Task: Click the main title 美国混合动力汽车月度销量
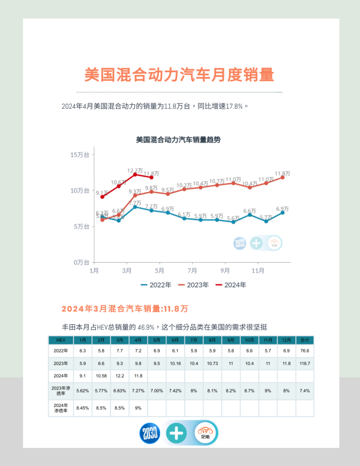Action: click(x=179, y=75)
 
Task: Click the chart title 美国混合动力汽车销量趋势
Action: click(x=178, y=140)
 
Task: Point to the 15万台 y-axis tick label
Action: click(x=79, y=155)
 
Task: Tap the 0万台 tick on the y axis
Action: click(x=81, y=262)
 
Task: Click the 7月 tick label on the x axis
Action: click(x=192, y=271)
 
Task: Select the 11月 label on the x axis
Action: click(x=258, y=271)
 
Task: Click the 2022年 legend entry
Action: click(x=156, y=285)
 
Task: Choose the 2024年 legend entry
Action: click(x=231, y=285)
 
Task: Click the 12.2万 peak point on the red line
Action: click(x=135, y=174)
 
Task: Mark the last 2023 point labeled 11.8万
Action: click(x=282, y=177)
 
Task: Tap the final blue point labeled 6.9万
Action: click(x=282, y=213)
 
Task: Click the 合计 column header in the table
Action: click(x=304, y=340)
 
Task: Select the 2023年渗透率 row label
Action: click(x=61, y=391)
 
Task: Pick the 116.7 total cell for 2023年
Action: click(x=304, y=363)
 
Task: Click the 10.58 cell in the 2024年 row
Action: click(x=101, y=376)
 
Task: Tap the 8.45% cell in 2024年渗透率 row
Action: click(x=82, y=408)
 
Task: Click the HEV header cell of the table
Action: click(x=61, y=340)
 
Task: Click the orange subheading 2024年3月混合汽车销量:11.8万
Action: click(x=125, y=309)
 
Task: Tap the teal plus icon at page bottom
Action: click(x=176, y=433)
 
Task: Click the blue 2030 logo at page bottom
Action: click(x=150, y=433)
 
